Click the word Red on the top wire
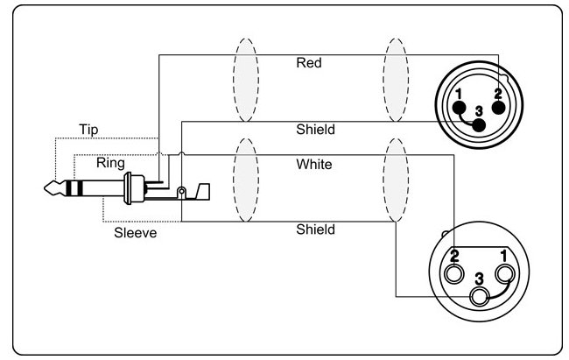(309, 63)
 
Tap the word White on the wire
(314, 165)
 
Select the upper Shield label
(315, 130)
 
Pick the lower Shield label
(315, 229)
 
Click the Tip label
(88, 130)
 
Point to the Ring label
(110, 163)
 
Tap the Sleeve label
(136, 233)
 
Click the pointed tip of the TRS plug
(45, 188)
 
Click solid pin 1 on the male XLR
(459, 108)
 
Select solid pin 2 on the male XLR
(499, 108)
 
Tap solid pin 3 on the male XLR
(479, 125)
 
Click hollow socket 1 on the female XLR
(504, 273)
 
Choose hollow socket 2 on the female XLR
(453, 273)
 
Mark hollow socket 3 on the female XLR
(479, 296)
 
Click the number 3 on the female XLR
(479, 279)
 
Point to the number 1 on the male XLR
(459, 94)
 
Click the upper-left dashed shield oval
(234, 80)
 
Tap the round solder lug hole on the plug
(181, 191)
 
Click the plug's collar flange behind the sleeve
(128, 188)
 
